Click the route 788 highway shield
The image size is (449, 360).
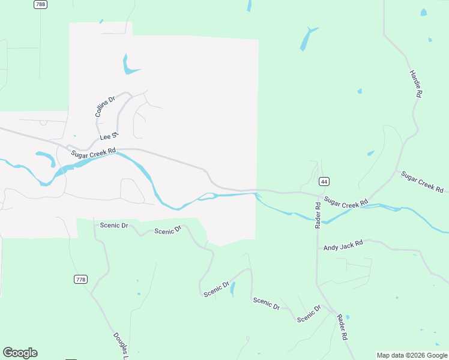pos(41,4)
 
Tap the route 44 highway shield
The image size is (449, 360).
pos(324,181)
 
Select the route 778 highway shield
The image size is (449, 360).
pos(81,280)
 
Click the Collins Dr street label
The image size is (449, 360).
pos(104,107)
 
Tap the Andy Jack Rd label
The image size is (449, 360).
pos(343,246)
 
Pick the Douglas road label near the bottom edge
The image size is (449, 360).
pos(121,347)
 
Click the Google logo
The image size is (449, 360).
pos(20,353)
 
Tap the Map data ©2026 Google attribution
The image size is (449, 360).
pos(412,355)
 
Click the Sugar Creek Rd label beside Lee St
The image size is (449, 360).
pos(92,154)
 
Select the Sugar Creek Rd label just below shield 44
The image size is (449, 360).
pos(346,203)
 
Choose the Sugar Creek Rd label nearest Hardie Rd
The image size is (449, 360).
pos(422,182)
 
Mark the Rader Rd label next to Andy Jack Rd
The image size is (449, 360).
pos(318,215)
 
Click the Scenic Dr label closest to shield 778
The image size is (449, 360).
pos(114,226)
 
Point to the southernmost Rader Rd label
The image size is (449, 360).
pos(342,328)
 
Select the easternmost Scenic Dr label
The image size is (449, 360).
pos(309,313)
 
